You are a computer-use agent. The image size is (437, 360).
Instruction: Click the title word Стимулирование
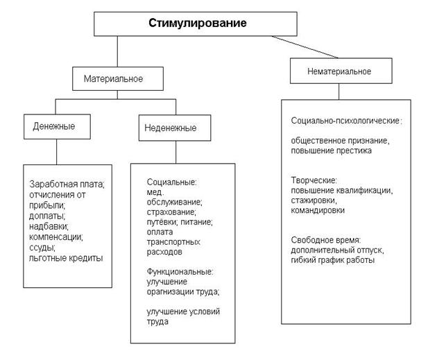click(197, 23)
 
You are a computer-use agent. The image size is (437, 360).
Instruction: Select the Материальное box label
click(113, 78)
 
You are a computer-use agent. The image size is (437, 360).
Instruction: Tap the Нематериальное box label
click(339, 71)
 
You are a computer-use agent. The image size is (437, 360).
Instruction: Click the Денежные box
click(57, 126)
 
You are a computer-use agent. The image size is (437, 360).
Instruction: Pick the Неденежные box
click(175, 128)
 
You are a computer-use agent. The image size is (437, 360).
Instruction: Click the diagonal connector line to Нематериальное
click(305, 46)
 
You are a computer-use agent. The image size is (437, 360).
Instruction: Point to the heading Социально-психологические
click(345, 121)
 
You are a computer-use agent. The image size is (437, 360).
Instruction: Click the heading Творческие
click(314, 180)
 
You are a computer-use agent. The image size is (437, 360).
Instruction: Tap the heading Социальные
click(171, 182)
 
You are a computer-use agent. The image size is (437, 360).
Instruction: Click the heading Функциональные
click(180, 271)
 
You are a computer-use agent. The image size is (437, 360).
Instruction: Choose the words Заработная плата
click(67, 185)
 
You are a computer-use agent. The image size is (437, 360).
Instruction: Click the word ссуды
click(42, 248)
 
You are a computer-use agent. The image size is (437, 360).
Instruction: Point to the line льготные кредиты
click(66, 258)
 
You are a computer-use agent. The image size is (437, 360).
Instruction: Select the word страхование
click(171, 212)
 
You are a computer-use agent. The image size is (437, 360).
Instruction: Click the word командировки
click(318, 210)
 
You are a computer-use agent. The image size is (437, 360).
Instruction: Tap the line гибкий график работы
click(333, 260)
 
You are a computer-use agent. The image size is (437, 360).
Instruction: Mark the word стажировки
click(314, 200)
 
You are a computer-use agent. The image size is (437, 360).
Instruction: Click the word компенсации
click(55, 237)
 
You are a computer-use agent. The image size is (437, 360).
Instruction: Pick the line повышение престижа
click(331, 151)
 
